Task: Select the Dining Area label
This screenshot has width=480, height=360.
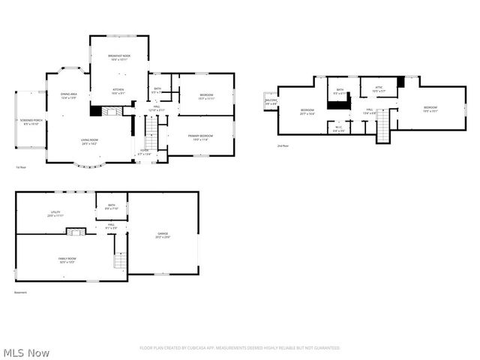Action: coord(69,94)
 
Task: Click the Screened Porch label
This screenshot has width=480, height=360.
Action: coord(31,121)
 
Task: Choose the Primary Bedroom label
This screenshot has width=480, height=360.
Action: coord(200,136)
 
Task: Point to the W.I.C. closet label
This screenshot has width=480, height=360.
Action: coord(339,128)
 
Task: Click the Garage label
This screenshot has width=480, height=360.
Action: coord(163,234)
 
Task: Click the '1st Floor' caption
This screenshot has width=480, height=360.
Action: coord(21,166)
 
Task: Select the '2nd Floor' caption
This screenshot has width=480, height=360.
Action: coord(283,145)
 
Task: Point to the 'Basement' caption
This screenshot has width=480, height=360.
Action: coord(22,292)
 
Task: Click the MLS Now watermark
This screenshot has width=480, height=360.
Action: coord(27,352)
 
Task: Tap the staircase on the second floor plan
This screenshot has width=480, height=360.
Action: coord(383,126)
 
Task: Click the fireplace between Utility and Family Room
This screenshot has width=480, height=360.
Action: coord(74,232)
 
